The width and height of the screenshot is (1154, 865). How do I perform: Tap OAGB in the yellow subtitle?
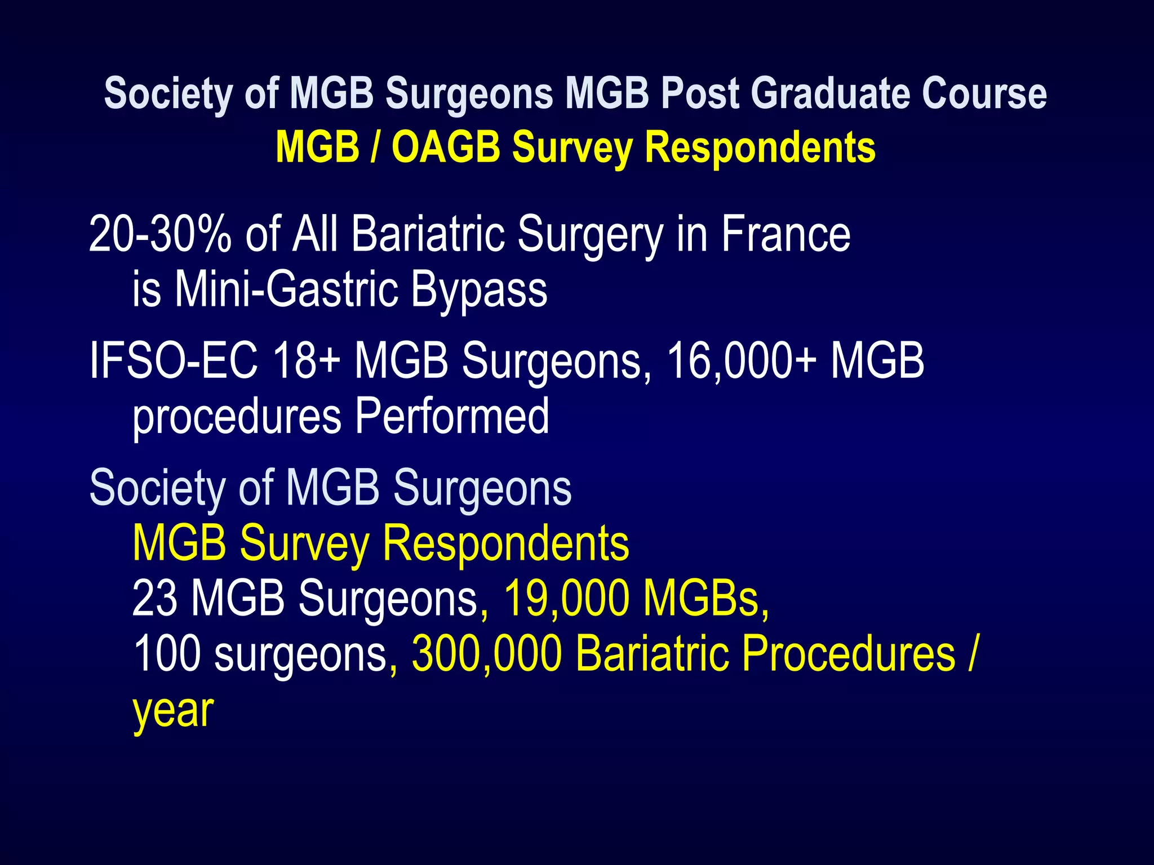[x=446, y=147]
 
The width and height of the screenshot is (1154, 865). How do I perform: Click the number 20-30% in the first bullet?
[x=160, y=234]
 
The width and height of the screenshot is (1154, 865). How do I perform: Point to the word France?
[x=785, y=234]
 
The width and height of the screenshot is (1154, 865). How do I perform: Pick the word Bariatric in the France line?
[x=428, y=234]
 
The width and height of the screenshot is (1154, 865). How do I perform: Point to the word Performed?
[x=452, y=416]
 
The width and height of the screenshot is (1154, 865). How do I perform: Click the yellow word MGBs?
[x=706, y=598]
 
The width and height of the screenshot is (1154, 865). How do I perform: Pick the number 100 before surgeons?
[x=167, y=653]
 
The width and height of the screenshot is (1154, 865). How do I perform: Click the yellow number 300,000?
[x=487, y=653]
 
